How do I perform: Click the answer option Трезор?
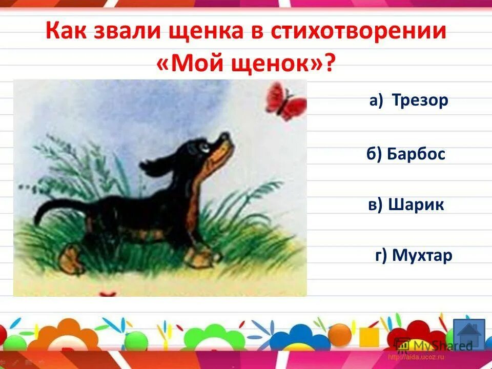420,100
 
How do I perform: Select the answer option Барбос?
416,153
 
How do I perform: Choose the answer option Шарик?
416,205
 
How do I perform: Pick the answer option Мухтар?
422,255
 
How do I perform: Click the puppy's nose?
225,137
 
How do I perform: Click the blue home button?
468,334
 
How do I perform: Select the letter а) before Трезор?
376,101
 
